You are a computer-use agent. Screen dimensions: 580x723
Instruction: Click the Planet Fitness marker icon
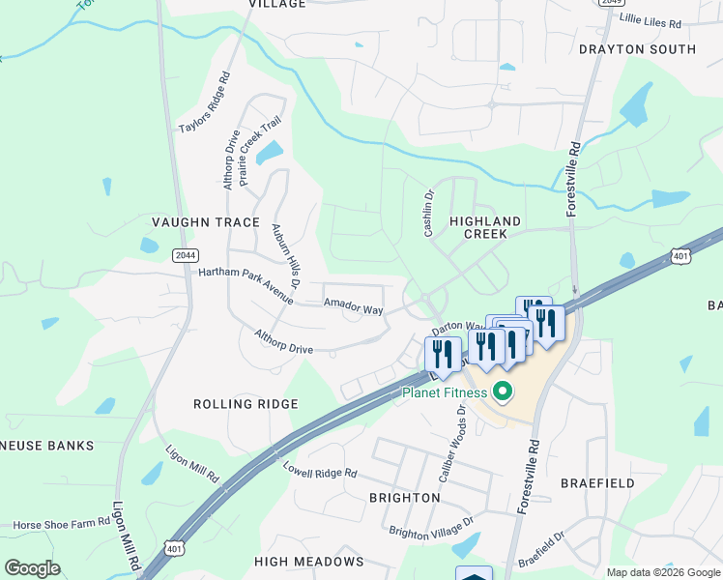click(x=502, y=392)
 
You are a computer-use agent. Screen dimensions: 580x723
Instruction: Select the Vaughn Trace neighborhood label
click(x=206, y=222)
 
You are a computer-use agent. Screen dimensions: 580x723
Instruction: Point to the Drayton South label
click(x=637, y=49)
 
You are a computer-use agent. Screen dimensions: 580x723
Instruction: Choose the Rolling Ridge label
click(x=246, y=404)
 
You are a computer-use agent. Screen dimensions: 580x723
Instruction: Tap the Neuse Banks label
click(x=47, y=446)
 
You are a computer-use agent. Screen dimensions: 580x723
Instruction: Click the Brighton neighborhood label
click(x=405, y=498)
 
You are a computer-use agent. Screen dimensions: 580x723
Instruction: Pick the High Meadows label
click(x=308, y=562)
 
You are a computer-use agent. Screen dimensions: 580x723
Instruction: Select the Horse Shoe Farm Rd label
click(x=61, y=524)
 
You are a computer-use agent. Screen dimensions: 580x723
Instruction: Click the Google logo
click(x=33, y=568)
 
